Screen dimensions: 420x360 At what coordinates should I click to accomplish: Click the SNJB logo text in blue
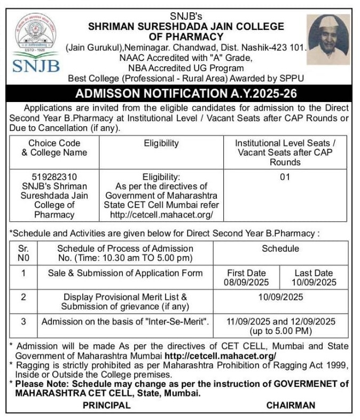[36, 66]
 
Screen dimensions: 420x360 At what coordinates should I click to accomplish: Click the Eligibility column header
[161, 143]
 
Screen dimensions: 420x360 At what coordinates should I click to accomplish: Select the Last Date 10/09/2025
[315, 282]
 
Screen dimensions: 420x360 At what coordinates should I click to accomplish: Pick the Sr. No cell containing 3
[24, 322]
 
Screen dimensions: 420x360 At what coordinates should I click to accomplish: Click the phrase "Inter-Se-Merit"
[174, 322]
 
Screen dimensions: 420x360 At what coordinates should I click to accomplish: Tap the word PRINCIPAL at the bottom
[106, 406]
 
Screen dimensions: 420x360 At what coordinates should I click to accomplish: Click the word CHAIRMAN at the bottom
[291, 406]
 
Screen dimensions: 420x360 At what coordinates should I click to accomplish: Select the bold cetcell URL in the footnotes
[221, 355]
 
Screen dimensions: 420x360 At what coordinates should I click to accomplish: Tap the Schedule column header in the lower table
[280, 248]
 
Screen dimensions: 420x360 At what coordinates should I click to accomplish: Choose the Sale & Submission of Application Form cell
[126, 273]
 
